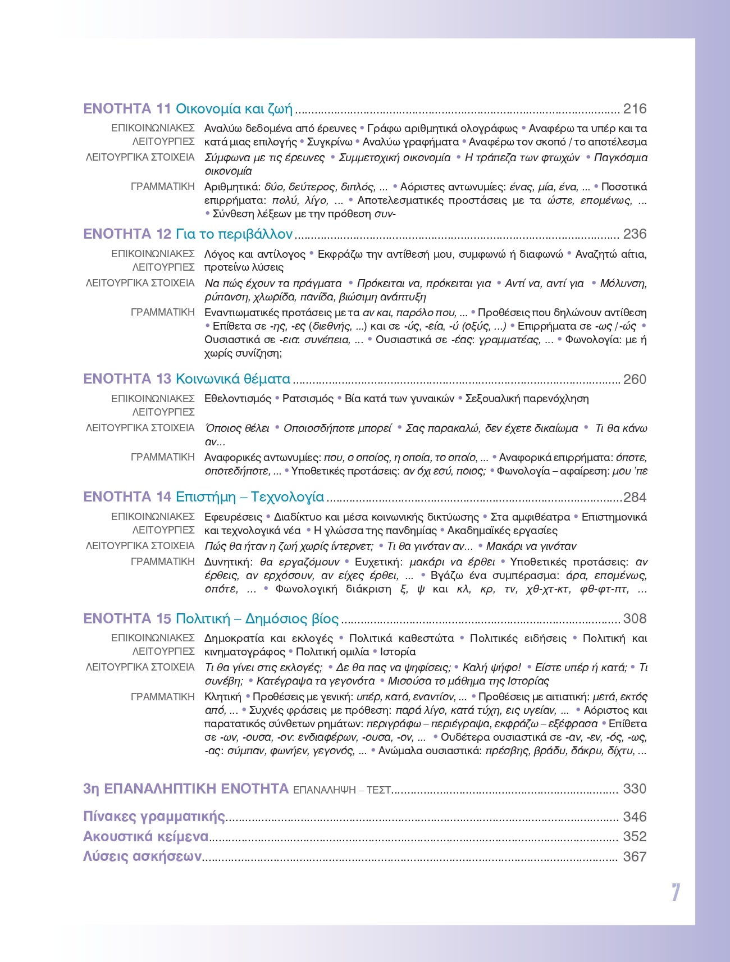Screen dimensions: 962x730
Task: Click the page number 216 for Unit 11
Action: (635, 109)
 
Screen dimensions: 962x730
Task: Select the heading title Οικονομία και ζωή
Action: (234, 109)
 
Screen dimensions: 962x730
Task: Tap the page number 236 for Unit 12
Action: (635, 234)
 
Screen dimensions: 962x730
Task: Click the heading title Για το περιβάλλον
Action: (234, 234)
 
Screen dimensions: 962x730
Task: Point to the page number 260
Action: (635, 380)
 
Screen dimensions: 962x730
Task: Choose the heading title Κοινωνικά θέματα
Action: (233, 379)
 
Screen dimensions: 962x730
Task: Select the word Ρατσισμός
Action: (308, 399)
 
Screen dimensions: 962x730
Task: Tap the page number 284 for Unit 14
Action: (635, 498)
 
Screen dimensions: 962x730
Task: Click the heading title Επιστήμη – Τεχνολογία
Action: (250, 497)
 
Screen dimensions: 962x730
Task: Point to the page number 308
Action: (635, 619)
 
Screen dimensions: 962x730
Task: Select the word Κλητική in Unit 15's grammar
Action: (222, 697)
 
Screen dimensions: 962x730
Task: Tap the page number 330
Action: (635, 789)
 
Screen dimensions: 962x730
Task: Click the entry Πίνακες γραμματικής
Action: (154, 817)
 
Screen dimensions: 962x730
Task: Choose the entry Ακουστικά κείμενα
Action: (145, 837)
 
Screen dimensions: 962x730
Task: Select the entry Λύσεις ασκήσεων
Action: (142, 857)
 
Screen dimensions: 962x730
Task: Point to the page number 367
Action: (635, 857)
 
